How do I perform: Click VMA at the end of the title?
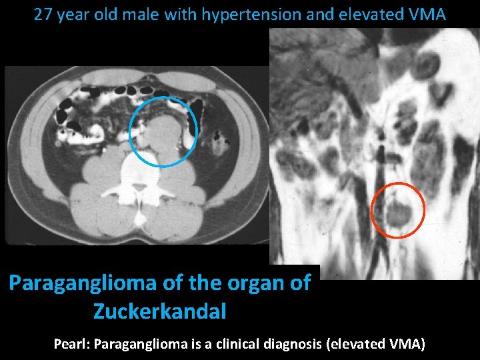[428, 15]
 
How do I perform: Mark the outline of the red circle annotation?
[397, 183]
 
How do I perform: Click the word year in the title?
[73, 15]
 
